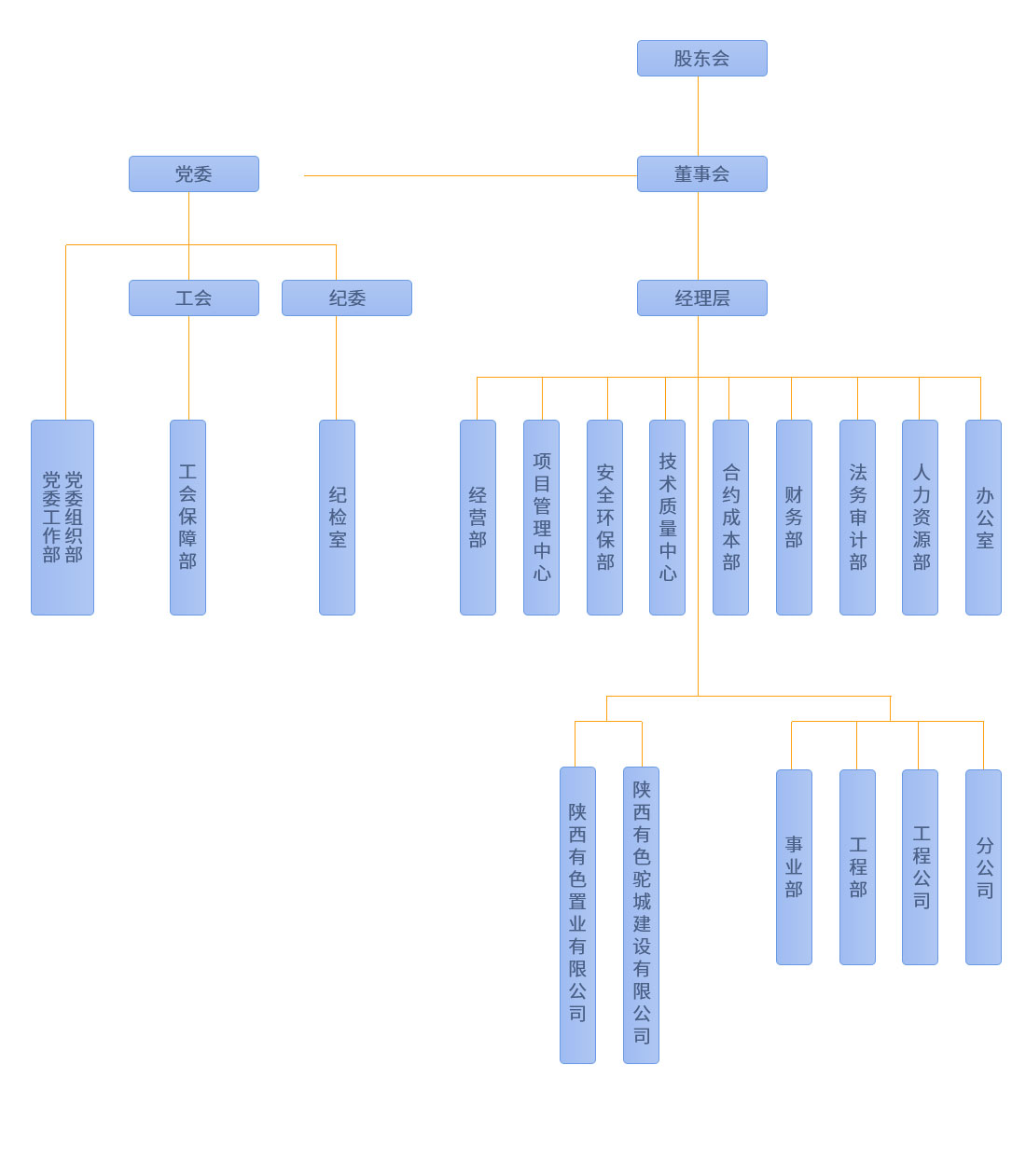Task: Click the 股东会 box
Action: pyautogui.click(x=701, y=58)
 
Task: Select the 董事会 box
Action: pyautogui.click(x=701, y=173)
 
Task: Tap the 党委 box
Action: pyautogui.click(x=193, y=173)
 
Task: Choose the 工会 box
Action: pyautogui.click(x=193, y=297)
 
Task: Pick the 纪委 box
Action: pyautogui.click(x=346, y=297)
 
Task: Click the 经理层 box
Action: pyautogui.click(x=701, y=297)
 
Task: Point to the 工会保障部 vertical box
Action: pyautogui.click(x=187, y=517)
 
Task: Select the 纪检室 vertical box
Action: pyautogui.click(x=337, y=517)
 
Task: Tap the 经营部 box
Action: pyautogui.click(x=478, y=517)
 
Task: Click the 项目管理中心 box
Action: pyautogui.click(x=541, y=517)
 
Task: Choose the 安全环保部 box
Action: pyautogui.click(x=604, y=517)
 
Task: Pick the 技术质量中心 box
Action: pyautogui.click(x=667, y=517)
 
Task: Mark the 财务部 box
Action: pyautogui.click(x=794, y=517)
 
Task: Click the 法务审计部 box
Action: pyautogui.click(x=857, y=517)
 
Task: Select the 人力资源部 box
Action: pyautogui.click(x=920, y=517)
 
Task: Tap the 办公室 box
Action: pyautogui.click(x=983, y=517)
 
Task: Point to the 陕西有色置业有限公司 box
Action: pyautogui.click(x=577, y=914)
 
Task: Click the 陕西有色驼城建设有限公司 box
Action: pyautogui.click(x=641, y=914)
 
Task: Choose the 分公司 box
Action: pyautogui.click(x=983, y=866)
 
